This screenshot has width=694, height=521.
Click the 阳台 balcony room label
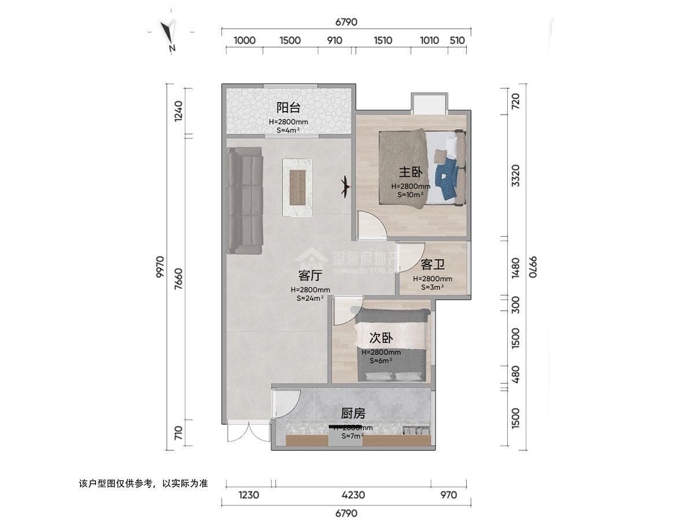288,108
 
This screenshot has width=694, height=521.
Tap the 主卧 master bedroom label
410,172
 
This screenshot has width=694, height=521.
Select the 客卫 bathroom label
433,265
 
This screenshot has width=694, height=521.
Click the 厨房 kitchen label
352,413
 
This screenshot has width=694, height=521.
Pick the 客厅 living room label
310,276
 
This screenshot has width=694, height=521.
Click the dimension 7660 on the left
178,283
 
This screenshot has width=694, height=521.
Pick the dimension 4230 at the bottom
353,495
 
